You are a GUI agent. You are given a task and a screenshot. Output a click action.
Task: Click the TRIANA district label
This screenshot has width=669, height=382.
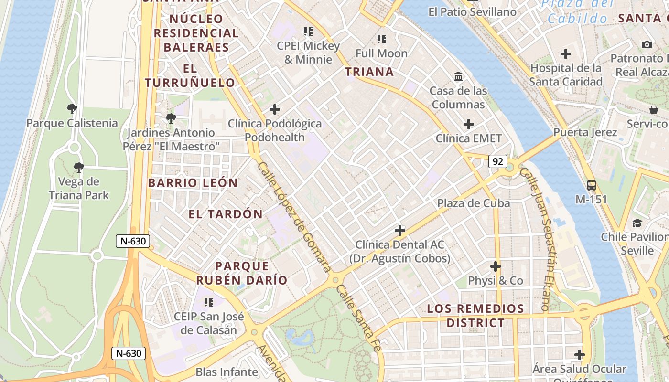[369, 72]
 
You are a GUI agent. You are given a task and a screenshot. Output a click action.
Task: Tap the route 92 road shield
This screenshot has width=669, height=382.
[497, 161]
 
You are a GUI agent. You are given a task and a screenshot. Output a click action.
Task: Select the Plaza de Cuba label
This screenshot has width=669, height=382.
[474, 203]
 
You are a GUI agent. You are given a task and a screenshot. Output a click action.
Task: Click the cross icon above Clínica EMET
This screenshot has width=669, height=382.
[469, 124]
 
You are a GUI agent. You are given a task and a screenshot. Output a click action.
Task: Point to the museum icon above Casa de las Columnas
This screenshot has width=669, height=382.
[458, 76]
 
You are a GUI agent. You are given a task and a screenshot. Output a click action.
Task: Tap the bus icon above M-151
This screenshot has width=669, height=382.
[591, 185]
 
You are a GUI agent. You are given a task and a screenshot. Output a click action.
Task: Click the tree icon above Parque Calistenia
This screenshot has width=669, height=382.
[72, 109]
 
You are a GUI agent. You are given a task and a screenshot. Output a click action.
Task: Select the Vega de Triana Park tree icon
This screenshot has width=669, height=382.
[79, 167]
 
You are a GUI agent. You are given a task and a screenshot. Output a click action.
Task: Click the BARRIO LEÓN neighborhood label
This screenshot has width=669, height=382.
[193, 183]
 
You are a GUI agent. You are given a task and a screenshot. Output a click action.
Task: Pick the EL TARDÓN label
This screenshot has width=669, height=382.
[226, 214]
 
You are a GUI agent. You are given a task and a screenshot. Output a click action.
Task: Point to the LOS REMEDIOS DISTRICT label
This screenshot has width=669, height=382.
[475, 316]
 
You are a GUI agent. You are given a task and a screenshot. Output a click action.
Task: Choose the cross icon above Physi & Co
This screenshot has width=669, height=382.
[496, 266]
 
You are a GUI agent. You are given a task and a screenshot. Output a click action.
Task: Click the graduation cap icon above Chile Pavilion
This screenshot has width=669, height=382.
[637, 223]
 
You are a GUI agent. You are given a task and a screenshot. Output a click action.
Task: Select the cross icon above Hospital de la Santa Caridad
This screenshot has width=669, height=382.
[566, 54]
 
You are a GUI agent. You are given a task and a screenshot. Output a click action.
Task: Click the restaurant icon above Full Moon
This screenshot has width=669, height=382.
[381, 39]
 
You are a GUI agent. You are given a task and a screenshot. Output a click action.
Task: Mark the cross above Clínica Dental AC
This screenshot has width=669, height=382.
[400, 231]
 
